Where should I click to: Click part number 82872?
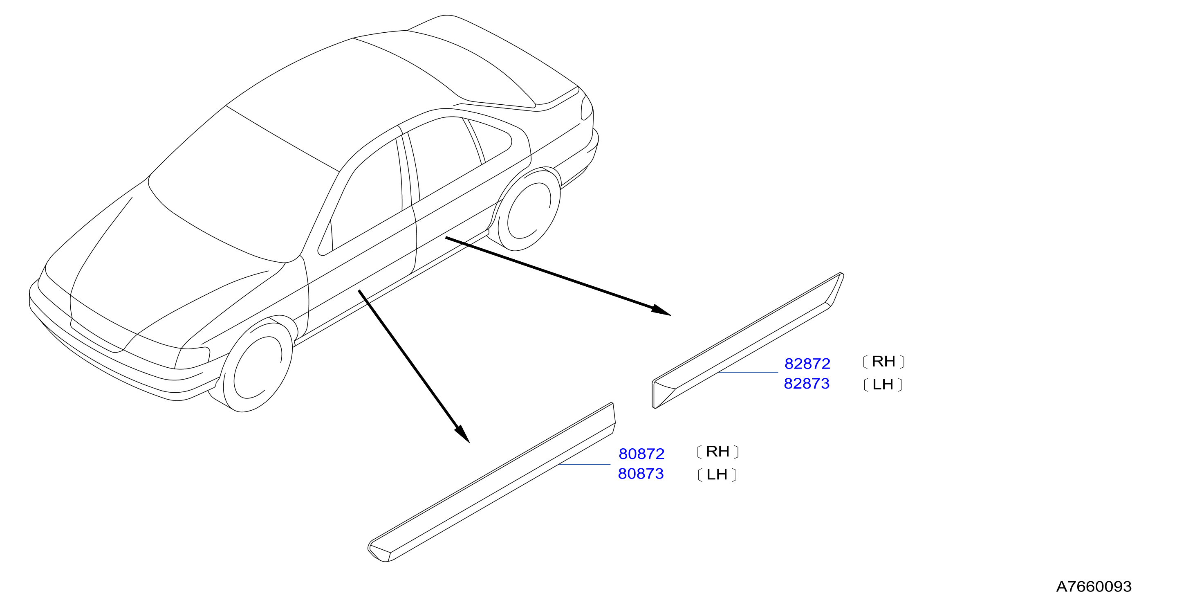tap(807, 364)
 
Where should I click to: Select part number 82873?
tap(807, 384)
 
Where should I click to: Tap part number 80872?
tap(641, 454)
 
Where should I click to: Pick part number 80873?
tap(641, 474)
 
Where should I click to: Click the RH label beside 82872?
tap(883, 362)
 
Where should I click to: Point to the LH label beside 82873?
tap(883, 384)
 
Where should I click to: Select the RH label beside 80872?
tap(718, 452)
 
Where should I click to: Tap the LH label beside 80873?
tap(717, 474)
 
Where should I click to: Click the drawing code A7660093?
tap(1094, 587)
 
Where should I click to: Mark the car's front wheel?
tap(257, 366)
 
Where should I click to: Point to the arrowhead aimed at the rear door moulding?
tap(661, 310)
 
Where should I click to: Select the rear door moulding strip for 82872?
tap(747, 341)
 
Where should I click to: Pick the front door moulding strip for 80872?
tap(492, 482)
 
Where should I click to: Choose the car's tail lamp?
tap(586, 108)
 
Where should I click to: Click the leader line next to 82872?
tap(748, 373)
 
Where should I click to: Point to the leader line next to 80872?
tap(584, 464)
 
